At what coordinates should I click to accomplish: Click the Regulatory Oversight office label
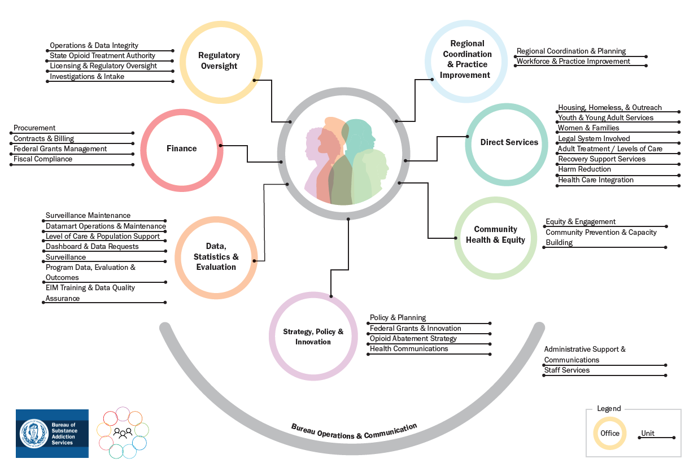point(219,60)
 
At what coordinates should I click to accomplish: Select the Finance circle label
point(181,148)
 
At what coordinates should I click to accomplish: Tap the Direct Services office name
point(509,142)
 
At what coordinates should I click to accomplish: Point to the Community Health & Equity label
point(495,234)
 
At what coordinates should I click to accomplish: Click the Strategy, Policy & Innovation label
point(313,337)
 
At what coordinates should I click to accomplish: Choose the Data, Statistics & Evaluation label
point(216,256)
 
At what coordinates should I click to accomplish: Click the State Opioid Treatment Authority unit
point(102,56)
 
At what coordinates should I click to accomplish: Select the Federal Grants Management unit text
point(60,149)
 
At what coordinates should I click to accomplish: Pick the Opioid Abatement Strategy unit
point(413,339)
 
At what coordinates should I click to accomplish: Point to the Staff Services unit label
point(566,370)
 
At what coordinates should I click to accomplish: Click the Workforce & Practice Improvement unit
point(573,62)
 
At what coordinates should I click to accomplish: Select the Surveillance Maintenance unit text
point(88,216)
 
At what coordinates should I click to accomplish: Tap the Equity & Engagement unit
point(581,222)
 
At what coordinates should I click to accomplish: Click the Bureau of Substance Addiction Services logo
point(52,433)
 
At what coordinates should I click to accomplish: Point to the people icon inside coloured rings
point(123,433)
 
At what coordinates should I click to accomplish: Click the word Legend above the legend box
point(609,409)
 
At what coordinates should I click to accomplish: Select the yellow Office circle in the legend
point(609,434)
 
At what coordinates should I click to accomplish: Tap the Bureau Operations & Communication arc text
point(354,431)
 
